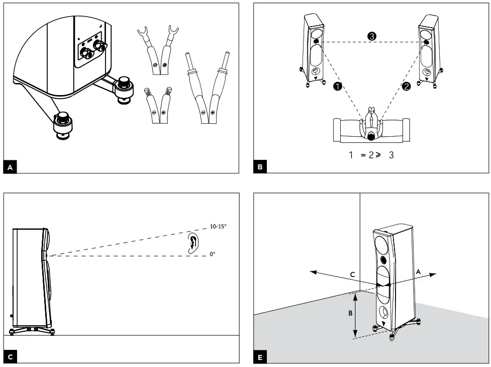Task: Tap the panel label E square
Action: coord(260,357)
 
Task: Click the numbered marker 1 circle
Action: coord(338,86)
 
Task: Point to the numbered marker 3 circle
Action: coord(372,36)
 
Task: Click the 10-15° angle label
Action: coord(218,227)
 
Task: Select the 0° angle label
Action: coord(213,254)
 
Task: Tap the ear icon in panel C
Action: coord(192,242)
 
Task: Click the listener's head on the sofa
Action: coord(371,135)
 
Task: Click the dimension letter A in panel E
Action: coord(418,270)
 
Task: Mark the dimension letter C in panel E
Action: coord(353,274)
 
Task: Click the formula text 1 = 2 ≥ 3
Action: coord(371,155)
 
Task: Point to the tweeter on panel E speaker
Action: coord(384,260)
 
